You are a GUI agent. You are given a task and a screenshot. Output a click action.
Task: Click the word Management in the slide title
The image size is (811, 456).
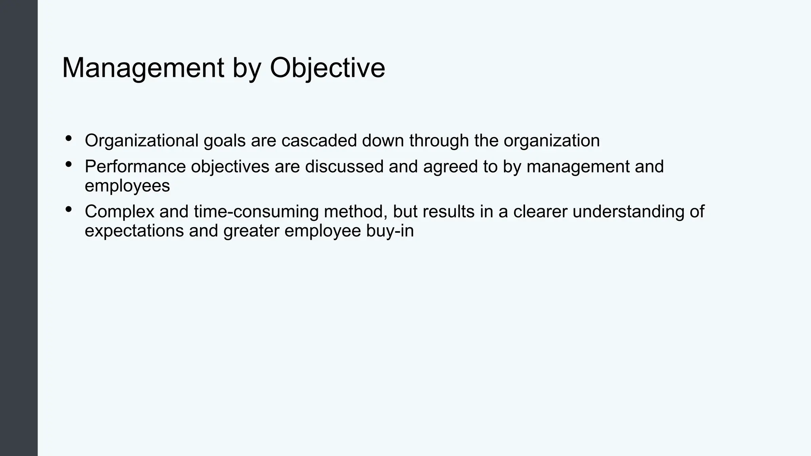click(x=143, y=68)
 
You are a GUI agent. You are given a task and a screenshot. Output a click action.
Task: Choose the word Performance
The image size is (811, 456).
click(x=135, y=167)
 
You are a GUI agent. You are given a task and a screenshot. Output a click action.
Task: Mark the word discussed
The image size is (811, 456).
click(x=344, y=167)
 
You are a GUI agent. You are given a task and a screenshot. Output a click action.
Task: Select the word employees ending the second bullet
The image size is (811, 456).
click(x=127, y=186)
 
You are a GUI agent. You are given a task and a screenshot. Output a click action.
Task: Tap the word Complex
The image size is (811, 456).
click(x=119, y=212)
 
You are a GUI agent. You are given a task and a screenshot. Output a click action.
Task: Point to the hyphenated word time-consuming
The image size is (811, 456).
click(x=256, y=212)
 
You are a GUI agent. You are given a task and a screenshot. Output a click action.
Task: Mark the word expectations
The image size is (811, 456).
click(x=134, y=231)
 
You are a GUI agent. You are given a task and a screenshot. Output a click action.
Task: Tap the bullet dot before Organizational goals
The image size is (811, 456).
click(x=69, y=138)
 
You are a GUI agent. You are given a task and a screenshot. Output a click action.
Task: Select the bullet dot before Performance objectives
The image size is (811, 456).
click(x=69, y=164)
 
